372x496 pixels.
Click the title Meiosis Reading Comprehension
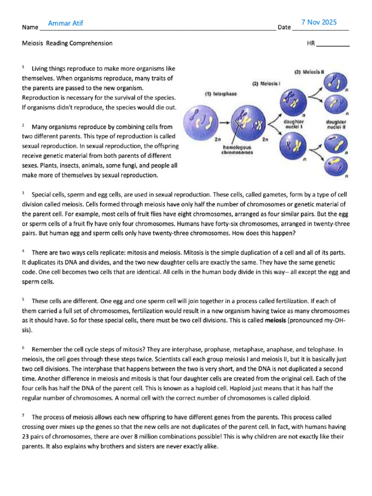pos(67,43)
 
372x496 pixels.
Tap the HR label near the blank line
pos(311,43)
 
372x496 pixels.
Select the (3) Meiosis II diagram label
pos(309,72)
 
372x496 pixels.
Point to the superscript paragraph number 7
pos(23,416)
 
